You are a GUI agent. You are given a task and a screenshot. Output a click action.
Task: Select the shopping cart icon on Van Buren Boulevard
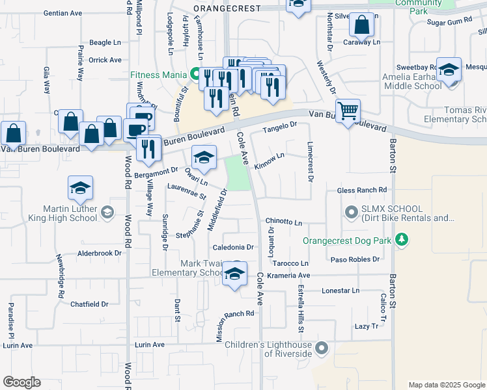pos(348,110)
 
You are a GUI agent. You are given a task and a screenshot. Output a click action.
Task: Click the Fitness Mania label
pos(158,74)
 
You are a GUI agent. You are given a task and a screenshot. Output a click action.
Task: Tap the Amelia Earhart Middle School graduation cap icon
pos(449,70)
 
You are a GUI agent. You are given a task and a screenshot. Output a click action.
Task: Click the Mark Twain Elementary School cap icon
pos(234,274)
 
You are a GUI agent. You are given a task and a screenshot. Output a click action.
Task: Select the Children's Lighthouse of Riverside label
pos(268,349)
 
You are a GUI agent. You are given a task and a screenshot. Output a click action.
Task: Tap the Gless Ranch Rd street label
pos(362,190)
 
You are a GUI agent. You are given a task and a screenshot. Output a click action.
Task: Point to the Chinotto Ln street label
pos(284,223)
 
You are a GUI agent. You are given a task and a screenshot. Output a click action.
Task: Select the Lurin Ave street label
pos(150,344)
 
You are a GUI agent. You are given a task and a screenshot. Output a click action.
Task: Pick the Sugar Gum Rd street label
pos(449,22)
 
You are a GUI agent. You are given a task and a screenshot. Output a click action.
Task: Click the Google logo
pos(22,382)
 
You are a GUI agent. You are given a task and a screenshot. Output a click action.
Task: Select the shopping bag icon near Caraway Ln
pos(361,26)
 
